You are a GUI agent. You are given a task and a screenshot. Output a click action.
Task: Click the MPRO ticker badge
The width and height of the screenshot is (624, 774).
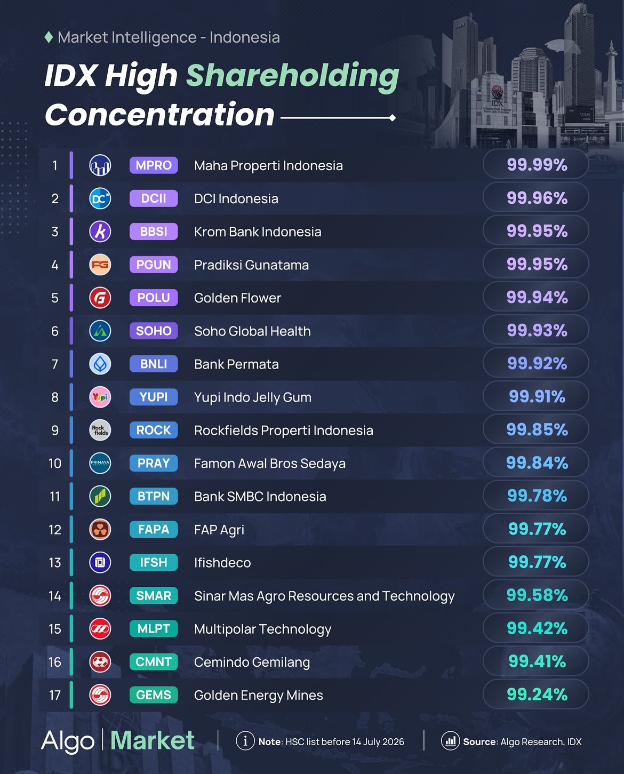tap(154, 165)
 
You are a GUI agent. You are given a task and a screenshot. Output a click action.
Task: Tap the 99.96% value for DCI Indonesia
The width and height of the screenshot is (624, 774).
tap(537, 198)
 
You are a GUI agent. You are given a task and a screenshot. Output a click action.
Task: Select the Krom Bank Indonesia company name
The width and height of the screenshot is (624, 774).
tap(258, 232)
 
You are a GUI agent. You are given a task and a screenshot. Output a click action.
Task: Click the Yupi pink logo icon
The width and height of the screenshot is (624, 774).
tap(100, 397)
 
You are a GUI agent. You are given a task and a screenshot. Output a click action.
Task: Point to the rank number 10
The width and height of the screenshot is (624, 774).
tap(55, 463)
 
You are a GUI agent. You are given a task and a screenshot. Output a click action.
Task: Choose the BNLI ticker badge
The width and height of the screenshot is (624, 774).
tap(154, 364)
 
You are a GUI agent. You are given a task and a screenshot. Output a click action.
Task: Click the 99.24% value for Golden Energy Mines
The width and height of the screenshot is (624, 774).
tap(537, 695)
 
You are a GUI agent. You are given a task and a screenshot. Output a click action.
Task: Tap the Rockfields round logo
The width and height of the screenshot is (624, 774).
tap(100, 430)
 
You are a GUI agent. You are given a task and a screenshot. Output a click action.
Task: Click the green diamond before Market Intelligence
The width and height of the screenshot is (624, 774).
tap(49, 37)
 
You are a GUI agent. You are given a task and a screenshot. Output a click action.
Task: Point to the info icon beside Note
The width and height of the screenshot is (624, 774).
tap(245, 741)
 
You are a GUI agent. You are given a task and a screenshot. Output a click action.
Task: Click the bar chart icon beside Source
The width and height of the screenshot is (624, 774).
tap(450, 741)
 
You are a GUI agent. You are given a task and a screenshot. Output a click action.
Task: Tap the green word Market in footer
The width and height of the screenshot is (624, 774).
tap(153, 740)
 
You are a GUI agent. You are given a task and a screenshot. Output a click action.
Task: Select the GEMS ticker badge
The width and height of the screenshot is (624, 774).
tap(154, 695)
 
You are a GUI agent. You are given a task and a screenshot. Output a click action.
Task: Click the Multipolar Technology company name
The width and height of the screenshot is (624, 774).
tap(262, 629)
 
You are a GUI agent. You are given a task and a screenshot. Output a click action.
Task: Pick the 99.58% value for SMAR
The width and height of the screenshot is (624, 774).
tap(537, 595)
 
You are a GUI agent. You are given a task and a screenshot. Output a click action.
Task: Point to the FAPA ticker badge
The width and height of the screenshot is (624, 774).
tap(154, 530)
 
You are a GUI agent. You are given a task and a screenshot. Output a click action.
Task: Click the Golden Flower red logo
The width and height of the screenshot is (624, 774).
tap(100, 298)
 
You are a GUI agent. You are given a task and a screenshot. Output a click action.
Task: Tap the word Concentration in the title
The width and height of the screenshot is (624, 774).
tap(159, 115)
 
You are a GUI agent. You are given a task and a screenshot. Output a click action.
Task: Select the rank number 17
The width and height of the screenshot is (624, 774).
tap(55, 695)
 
